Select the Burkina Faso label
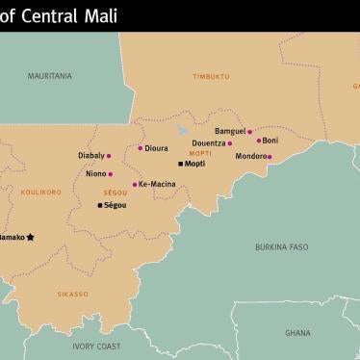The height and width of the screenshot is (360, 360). point(282,246)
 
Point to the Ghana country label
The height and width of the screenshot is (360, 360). point(297,332)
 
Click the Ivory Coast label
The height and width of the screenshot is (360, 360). point(97,346)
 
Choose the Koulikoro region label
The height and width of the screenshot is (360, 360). point(39,192)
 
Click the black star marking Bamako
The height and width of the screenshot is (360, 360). point(31,236)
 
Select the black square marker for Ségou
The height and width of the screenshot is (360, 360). point(98,205)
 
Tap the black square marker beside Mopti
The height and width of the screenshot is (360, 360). point(180,164)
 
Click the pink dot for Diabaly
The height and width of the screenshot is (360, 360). point(109,155)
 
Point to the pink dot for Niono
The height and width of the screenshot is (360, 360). point(110,174)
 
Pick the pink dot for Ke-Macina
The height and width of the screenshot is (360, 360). point(134,184)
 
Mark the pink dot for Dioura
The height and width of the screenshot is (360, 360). point(141,148)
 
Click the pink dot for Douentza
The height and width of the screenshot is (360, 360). point(230,143)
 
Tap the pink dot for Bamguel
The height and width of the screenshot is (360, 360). point(249,132)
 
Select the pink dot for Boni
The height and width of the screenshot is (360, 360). point(259,141)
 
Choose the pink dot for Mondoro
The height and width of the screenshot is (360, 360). point(270,156)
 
